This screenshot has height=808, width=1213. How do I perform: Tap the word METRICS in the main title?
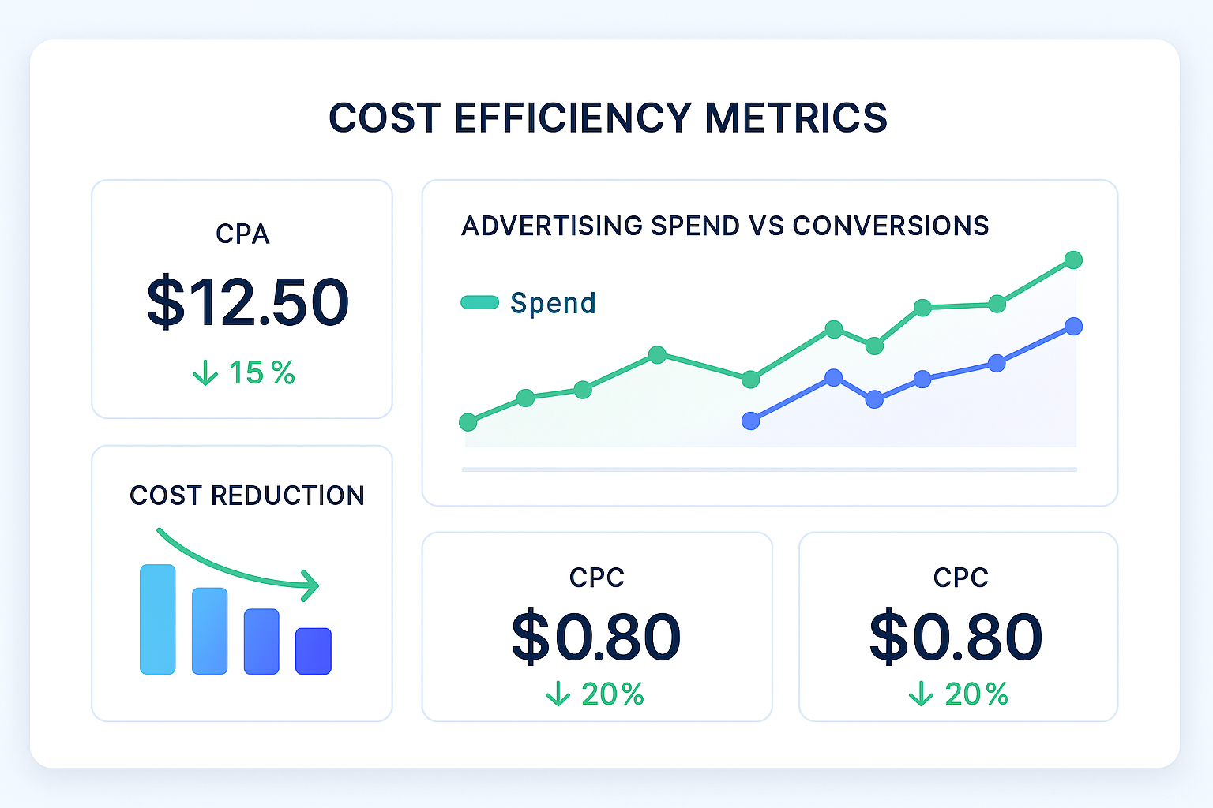pyautogui.click(x=795, y=118)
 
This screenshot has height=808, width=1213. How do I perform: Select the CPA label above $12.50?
pyautogui.click(x=242, y=234)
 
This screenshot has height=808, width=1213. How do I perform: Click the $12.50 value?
pyautogui.click(x=247, y=302)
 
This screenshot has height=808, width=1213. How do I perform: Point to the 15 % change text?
pyautogui.click(x=261, y=373)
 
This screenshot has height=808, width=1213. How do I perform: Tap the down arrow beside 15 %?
pyautogui.click(x=205, y=373)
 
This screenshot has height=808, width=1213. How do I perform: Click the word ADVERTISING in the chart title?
pyautogui.click(x=552, y=226)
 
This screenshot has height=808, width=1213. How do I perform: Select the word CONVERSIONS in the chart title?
pyautogui.click(x=890, y=226)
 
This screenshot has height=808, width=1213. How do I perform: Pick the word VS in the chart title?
pyautogui.click(x=766, y=226)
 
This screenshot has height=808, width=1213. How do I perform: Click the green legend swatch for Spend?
pyautogui.click(x=479, y=302)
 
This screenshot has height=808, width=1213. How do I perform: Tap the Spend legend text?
pyautogui.click(x=553, y=303)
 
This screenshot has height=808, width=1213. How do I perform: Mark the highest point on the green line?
pyautogui.click(x=1073, y=260)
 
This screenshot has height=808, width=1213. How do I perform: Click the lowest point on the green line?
pyautogui.click(x=468, y=422)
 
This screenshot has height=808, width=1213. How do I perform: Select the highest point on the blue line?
pyautogui.click(x=1073, y=326)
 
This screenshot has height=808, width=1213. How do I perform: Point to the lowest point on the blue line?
pyautogui.click(x=750, y=421)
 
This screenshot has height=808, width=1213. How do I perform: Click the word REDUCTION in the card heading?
pyautogui.click(x=287, y=496)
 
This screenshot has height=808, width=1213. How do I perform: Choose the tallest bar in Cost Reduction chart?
pyautogui.click(x=157, y=619)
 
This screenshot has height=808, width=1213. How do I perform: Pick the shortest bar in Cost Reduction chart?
pyautogui.click(x=314, y=651)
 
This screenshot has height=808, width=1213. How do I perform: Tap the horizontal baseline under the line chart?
pyautogui.click(x=769, y=469)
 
